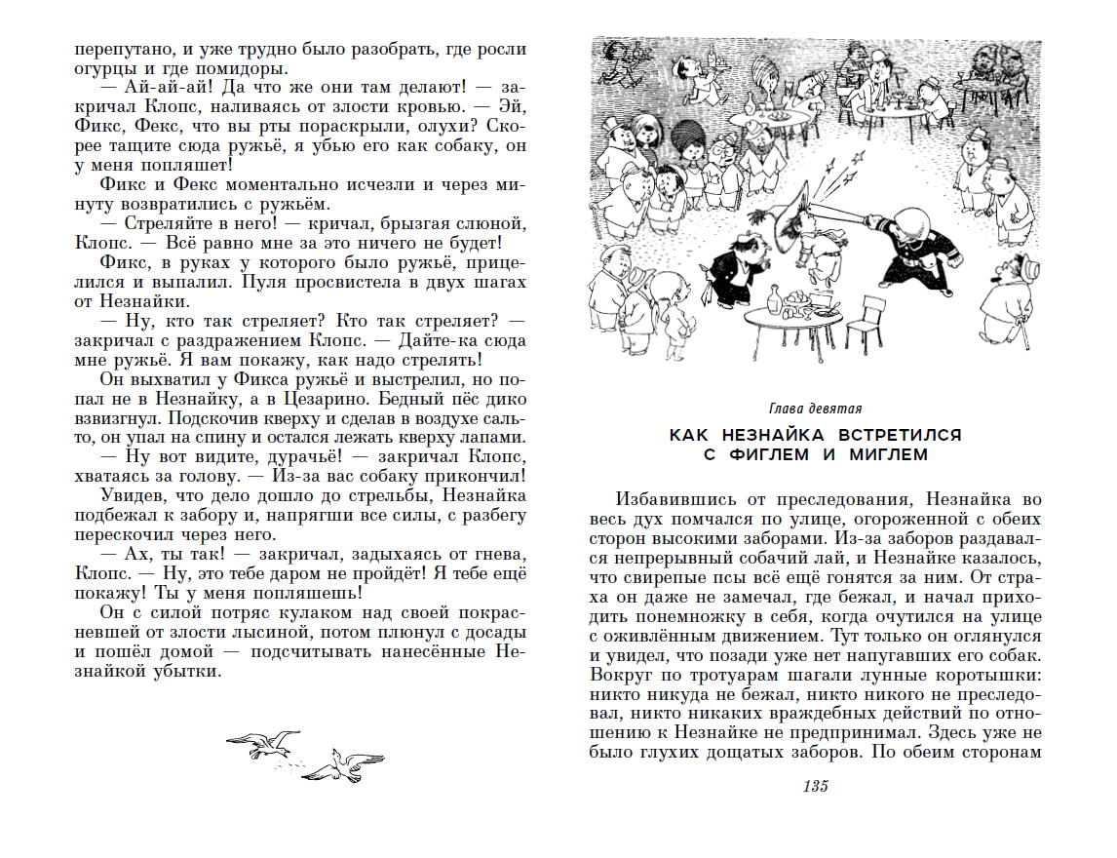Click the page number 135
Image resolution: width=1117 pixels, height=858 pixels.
click(x=815, y=787)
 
